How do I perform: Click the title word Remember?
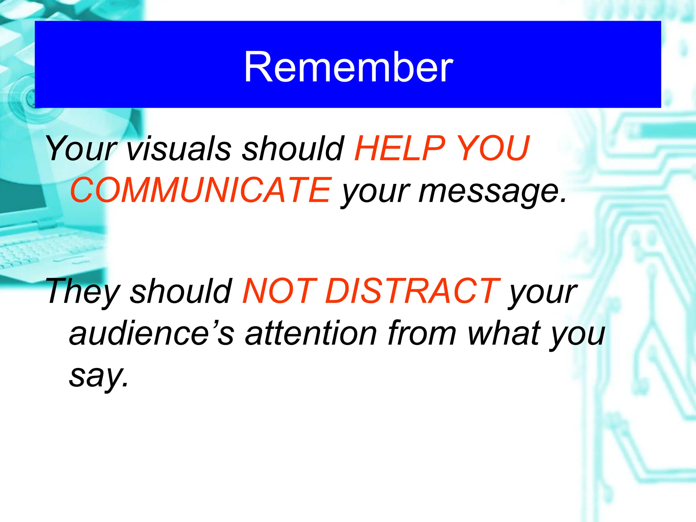coord(348,67)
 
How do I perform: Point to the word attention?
coord(311,333)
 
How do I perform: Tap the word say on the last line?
coord(99,376)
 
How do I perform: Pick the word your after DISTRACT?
coord(542,293)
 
